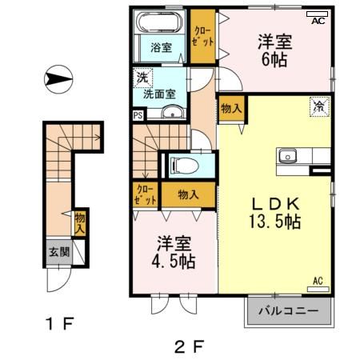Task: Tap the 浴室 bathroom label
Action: pyautogui.click(x=161, y=47)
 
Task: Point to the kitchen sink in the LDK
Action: pyautogui.click(x=286, y=155)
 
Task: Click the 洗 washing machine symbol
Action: pyautogui.click(x=142, y=78)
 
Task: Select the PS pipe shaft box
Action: pyautogui.click(x=138, y=114)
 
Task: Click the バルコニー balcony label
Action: pyautogui.click(x=287, y=310)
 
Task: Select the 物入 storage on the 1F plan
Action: pyautogui.click(x=80, y=222)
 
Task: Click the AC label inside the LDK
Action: pyautogui.click(x=318, y=281)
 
